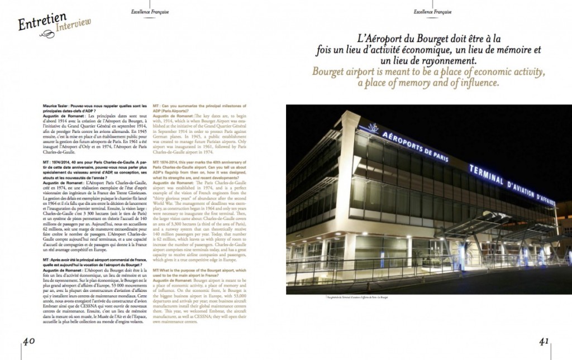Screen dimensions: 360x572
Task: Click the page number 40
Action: coord(30,341)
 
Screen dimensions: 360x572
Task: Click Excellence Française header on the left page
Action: coord(150,11)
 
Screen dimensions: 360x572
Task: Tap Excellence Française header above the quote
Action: coord(433,11)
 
